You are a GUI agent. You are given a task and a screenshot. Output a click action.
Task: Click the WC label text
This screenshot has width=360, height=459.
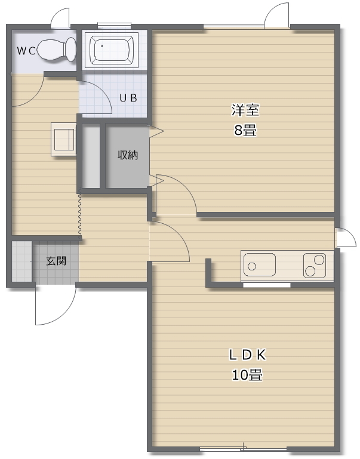[26, 51]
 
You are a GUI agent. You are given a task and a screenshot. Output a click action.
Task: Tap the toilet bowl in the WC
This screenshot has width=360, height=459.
[57, 50]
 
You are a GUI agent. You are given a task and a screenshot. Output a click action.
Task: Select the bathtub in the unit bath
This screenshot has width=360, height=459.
[112, 50]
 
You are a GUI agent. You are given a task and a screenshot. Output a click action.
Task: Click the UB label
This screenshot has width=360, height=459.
[128, 98]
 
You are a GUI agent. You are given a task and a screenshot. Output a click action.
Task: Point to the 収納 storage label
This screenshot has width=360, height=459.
[128, 155]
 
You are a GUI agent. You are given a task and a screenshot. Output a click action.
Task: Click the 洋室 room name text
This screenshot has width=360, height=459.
[245, 110]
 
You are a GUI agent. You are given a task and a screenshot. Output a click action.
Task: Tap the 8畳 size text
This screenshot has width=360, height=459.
[245, 130]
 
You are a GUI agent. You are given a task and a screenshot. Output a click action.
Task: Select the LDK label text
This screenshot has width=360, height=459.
[247, 355]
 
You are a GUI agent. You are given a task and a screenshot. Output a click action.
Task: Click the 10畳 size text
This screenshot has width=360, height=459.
[247, 375]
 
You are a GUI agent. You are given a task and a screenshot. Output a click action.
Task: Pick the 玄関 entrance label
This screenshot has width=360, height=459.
[56, 261]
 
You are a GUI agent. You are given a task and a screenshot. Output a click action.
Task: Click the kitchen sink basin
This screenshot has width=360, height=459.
[260, 265]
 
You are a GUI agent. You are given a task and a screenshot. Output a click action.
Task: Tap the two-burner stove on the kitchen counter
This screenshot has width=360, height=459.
[315, 265]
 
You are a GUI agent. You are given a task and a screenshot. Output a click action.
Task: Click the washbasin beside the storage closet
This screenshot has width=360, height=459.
[63, 139]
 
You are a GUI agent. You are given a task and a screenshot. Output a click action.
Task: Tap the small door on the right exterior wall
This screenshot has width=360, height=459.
[346, 238]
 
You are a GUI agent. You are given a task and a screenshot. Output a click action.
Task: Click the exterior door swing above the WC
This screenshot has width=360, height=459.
[60, 18]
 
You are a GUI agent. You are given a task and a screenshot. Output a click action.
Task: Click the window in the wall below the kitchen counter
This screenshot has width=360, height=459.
[267, 285]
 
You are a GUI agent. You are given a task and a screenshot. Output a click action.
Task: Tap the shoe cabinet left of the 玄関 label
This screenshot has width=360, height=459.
[22, 261]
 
